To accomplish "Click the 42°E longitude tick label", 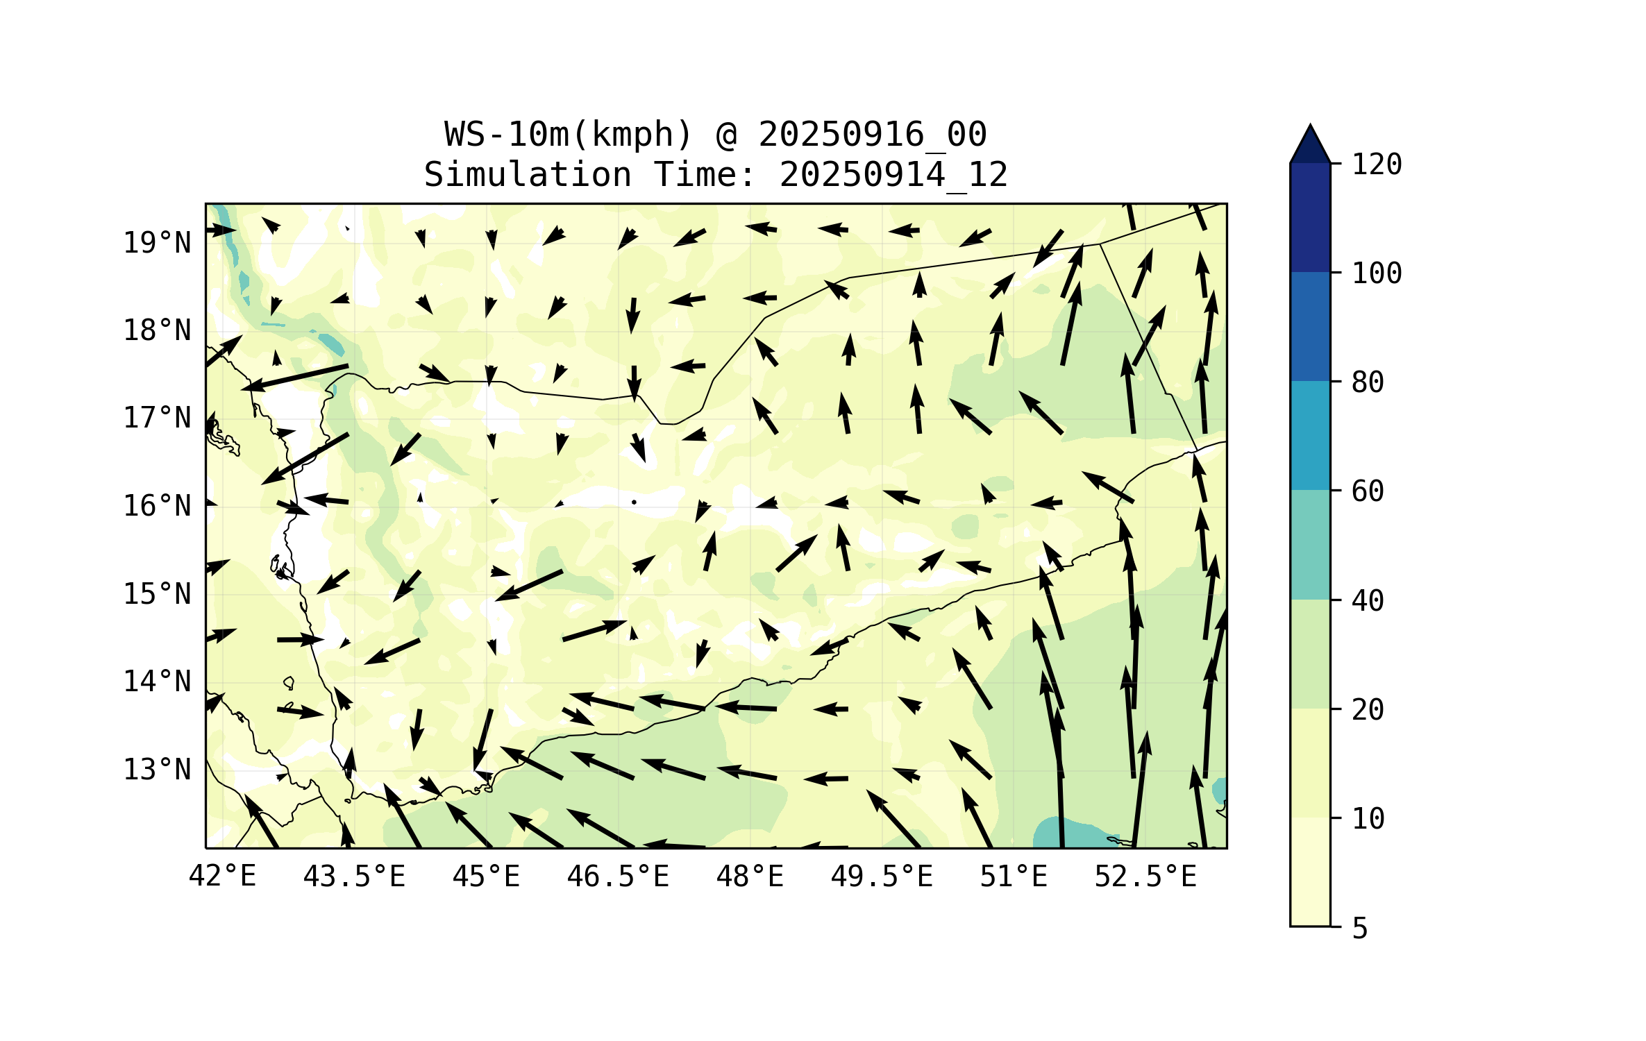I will tap(222, 877).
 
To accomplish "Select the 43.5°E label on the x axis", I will tap(354, 877).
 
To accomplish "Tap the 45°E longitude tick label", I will tap(486, 877).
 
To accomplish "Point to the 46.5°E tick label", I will tap(618, 877).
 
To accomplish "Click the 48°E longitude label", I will tap(750, 877).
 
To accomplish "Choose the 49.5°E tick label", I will tap(882, 877).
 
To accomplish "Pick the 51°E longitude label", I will tap(1014, 877).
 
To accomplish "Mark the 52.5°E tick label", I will tap(1145, 877).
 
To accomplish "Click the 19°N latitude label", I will tap(157, 243).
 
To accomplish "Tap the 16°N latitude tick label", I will tap(157, 506).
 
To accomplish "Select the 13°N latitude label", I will tap(157, 770).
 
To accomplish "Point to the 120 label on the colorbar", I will tap(1377, 164).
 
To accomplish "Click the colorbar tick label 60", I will tap(1368, 491).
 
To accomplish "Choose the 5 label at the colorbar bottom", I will tap(1360, 929).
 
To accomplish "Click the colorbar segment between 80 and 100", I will tap(1310, 326).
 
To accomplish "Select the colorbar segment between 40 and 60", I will tap(1310, 545).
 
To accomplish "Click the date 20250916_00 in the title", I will tap(872, 135).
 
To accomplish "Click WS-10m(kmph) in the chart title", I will tap(569, 135).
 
